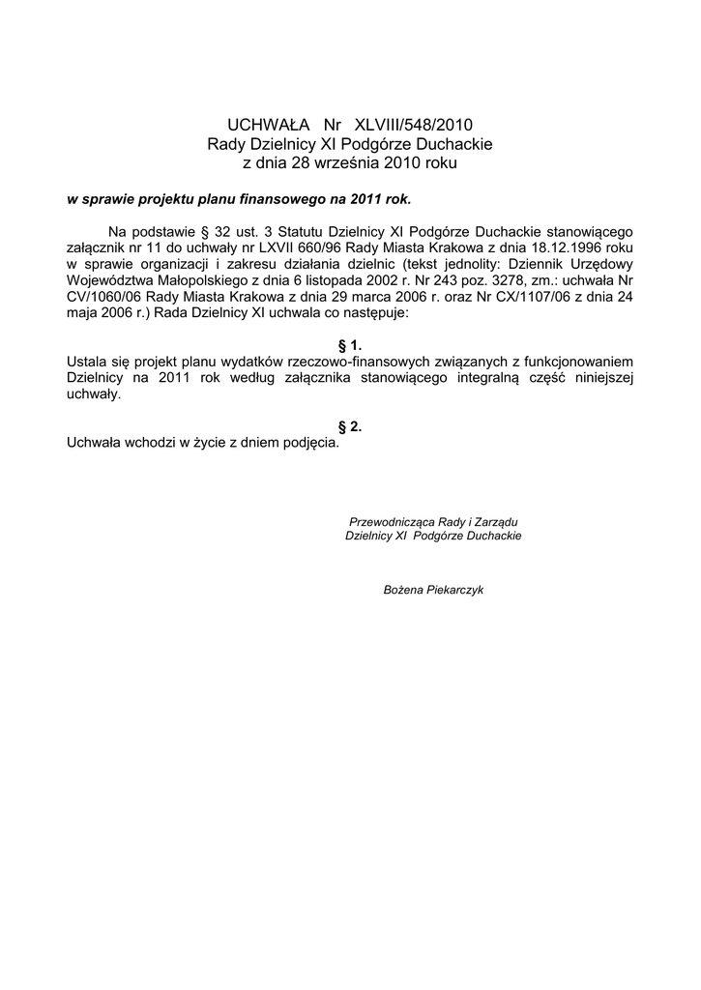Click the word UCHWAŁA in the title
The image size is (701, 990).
point(268,125)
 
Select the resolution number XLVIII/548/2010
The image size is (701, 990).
point(415,125)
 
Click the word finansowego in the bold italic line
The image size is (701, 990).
point(293,199)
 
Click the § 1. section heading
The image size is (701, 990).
point(349,345)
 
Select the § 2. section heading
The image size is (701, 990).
point(349,426)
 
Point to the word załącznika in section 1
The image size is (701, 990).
point(320,378)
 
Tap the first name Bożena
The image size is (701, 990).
point(403,589)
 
